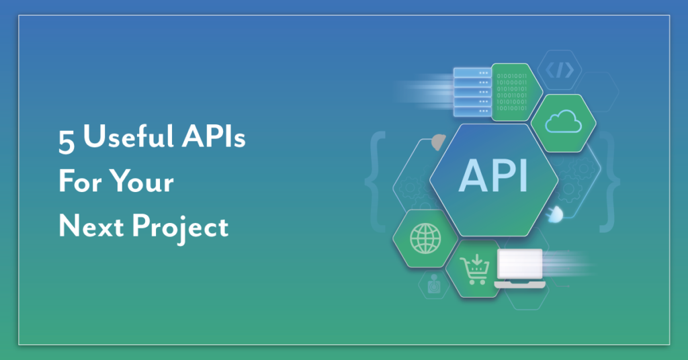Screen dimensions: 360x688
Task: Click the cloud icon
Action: point(563,123)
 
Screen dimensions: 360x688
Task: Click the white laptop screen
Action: point(519,265)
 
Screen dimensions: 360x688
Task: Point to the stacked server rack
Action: point(472,91)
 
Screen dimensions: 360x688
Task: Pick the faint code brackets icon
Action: point(560,70)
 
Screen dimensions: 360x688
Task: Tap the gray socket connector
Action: point(437,141)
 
